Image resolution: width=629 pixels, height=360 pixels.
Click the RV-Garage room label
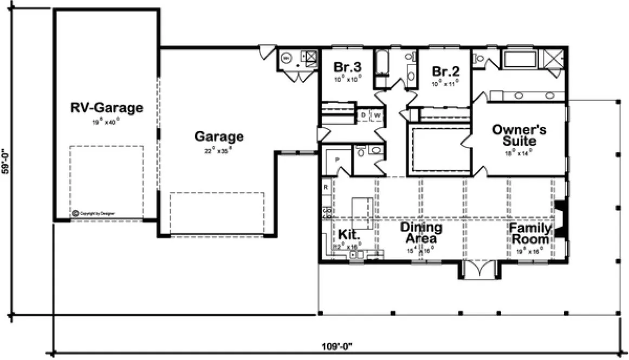point(107,107)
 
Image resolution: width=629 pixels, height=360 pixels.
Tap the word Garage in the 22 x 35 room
point(219,136)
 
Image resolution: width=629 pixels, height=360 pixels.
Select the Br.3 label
point(347,68)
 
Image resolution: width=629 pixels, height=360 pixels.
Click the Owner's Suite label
point(519,136)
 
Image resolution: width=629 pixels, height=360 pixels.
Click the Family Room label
point(530,233)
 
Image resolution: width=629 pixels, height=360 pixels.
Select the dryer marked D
point(364,115)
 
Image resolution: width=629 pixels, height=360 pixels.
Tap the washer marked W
point(377,115)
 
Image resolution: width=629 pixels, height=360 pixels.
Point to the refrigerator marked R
point(326,187)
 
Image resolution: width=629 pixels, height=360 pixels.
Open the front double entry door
point(479,269)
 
